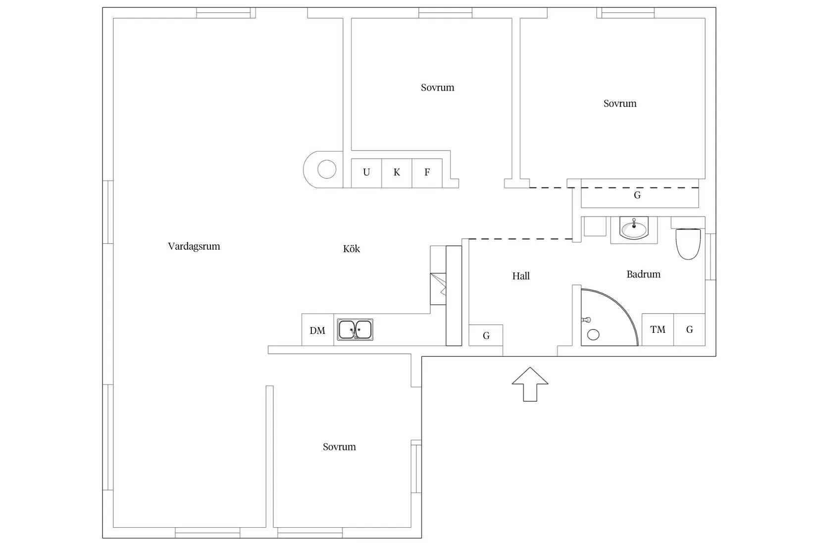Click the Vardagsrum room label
coord(194,246)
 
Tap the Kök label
coord(352,249)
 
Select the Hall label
coord(521,276)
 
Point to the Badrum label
coord(643,274)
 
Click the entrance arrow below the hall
coord(530,384)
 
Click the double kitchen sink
coord(355,329)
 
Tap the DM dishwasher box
coord(318,329)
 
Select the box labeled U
coord(366,173)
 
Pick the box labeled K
coord(397,173)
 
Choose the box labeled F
coord(427,173)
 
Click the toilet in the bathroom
coord(688,244)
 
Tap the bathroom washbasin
coord(634,228)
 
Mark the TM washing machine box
coord(658,329)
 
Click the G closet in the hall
coord(486,335)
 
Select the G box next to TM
coord(689,329)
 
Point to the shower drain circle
coord(593,335)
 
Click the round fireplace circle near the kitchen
coord(327,169)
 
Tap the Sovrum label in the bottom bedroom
coord(339,447)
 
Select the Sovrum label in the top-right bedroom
coord(620,104)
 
